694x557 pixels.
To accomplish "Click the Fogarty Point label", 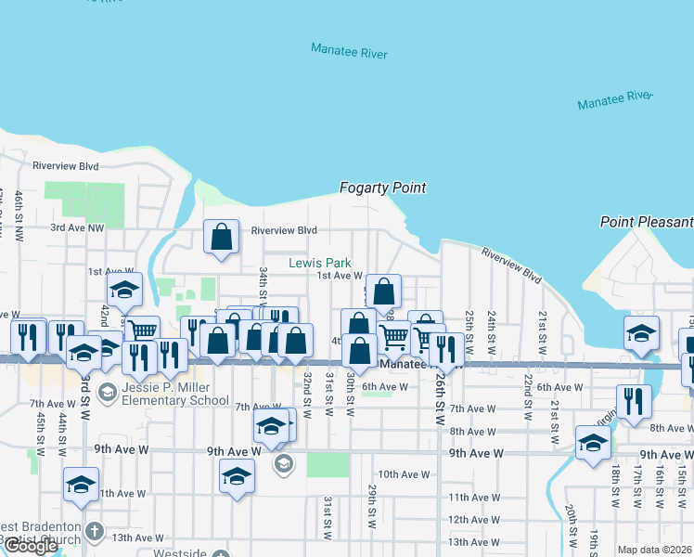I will pos(382,188).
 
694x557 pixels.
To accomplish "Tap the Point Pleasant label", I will pos(647,222).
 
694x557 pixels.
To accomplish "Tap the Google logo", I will pos(30,546).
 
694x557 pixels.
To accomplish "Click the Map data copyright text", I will pos(655,550).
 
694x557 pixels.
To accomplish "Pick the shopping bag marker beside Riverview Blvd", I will pos(222,238).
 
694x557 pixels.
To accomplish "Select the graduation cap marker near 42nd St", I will pos(125,291).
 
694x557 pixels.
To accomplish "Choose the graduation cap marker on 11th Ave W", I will pos(82,484).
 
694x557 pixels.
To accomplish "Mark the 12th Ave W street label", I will pos(473,520).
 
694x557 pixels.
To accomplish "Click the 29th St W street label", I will pos(370,505).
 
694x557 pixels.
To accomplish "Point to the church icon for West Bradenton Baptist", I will pos(93,531).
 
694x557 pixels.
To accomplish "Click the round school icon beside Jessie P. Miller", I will pos(107,394).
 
